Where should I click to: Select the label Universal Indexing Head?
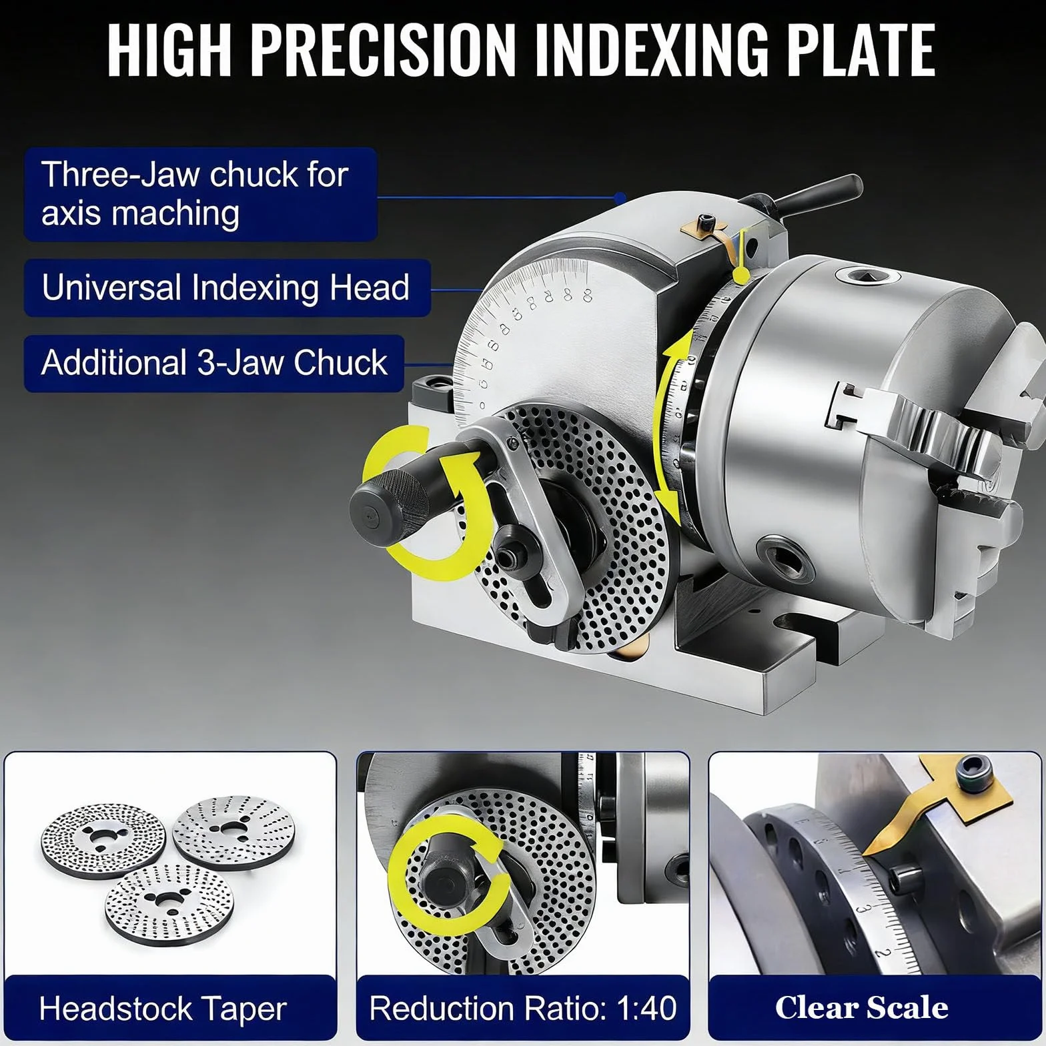pos(225,288)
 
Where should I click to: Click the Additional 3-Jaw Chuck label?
pos(214,363)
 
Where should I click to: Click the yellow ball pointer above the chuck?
pos(739,274)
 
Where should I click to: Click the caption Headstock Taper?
pos(163,1009)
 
